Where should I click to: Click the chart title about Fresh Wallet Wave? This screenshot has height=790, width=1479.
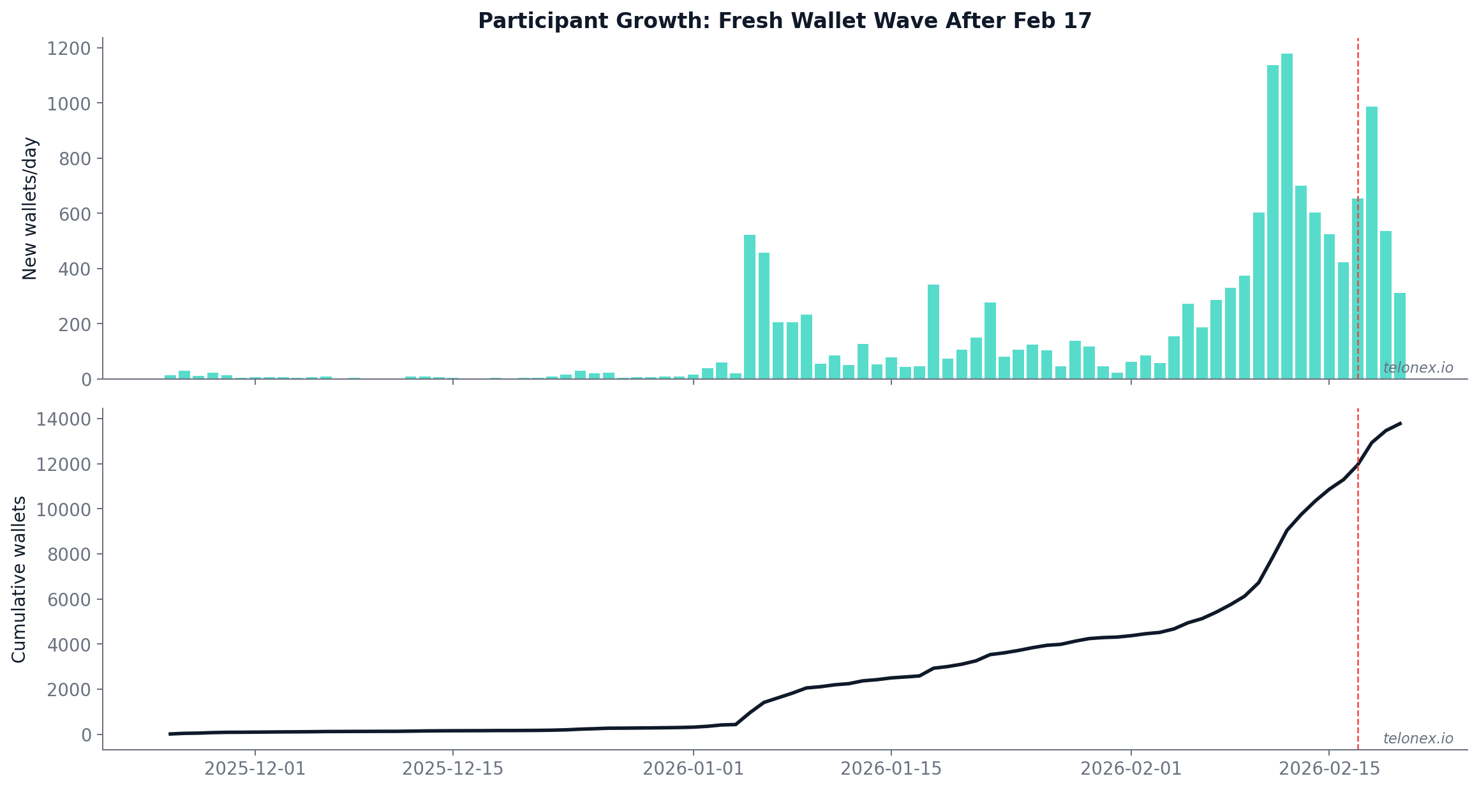(x=785, y=21)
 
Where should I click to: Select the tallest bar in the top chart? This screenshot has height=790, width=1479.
(x=1286, y=217)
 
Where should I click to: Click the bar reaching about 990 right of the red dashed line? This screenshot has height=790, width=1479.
(x=1371, y=242)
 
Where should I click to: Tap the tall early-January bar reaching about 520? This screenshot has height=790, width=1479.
(x=750, y=306)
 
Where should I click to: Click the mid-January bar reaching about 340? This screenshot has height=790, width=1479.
(x=933, y=332)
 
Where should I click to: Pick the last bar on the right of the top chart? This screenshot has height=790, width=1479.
(x=1399, y=336)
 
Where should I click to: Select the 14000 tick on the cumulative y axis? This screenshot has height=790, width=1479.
(x=64, y=419)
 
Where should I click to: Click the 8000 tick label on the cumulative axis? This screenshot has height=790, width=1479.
(x=69, y=555)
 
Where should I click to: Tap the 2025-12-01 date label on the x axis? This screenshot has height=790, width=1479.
(x=255, y=769)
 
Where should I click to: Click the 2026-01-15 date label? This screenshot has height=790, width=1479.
(x=891, y=769)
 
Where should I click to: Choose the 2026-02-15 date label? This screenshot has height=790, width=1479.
(x=1329, y=769)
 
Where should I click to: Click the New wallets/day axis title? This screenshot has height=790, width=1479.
(x=30, y=208)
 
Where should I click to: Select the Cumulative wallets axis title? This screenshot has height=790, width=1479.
(x=19, y=579)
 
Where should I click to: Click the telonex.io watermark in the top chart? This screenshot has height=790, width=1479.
(x=1418, y=368)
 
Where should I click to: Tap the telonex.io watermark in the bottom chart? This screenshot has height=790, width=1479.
(x=1418, y=739)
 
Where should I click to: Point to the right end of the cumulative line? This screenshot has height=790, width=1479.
(x=1400, y=423)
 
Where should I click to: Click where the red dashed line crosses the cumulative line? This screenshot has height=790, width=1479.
(x=1358, y=466)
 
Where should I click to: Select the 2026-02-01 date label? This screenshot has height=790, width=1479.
(x=1131, y=769)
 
